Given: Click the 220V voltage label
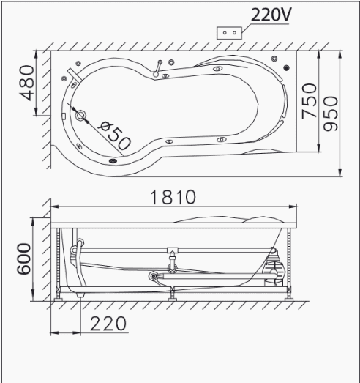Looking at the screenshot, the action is [271, 15].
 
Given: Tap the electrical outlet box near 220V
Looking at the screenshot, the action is [230, 33].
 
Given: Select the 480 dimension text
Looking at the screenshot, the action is [27, 83].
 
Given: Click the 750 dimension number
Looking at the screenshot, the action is [310, 101].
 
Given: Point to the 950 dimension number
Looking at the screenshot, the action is [331, 114].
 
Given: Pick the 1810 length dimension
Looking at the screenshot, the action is [173, 197].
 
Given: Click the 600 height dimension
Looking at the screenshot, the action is [24, 259].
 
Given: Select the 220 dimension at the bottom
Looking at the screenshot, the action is [108, 324].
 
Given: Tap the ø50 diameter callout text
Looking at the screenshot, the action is [114, 135].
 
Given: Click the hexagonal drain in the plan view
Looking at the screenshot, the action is [80, 116].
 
